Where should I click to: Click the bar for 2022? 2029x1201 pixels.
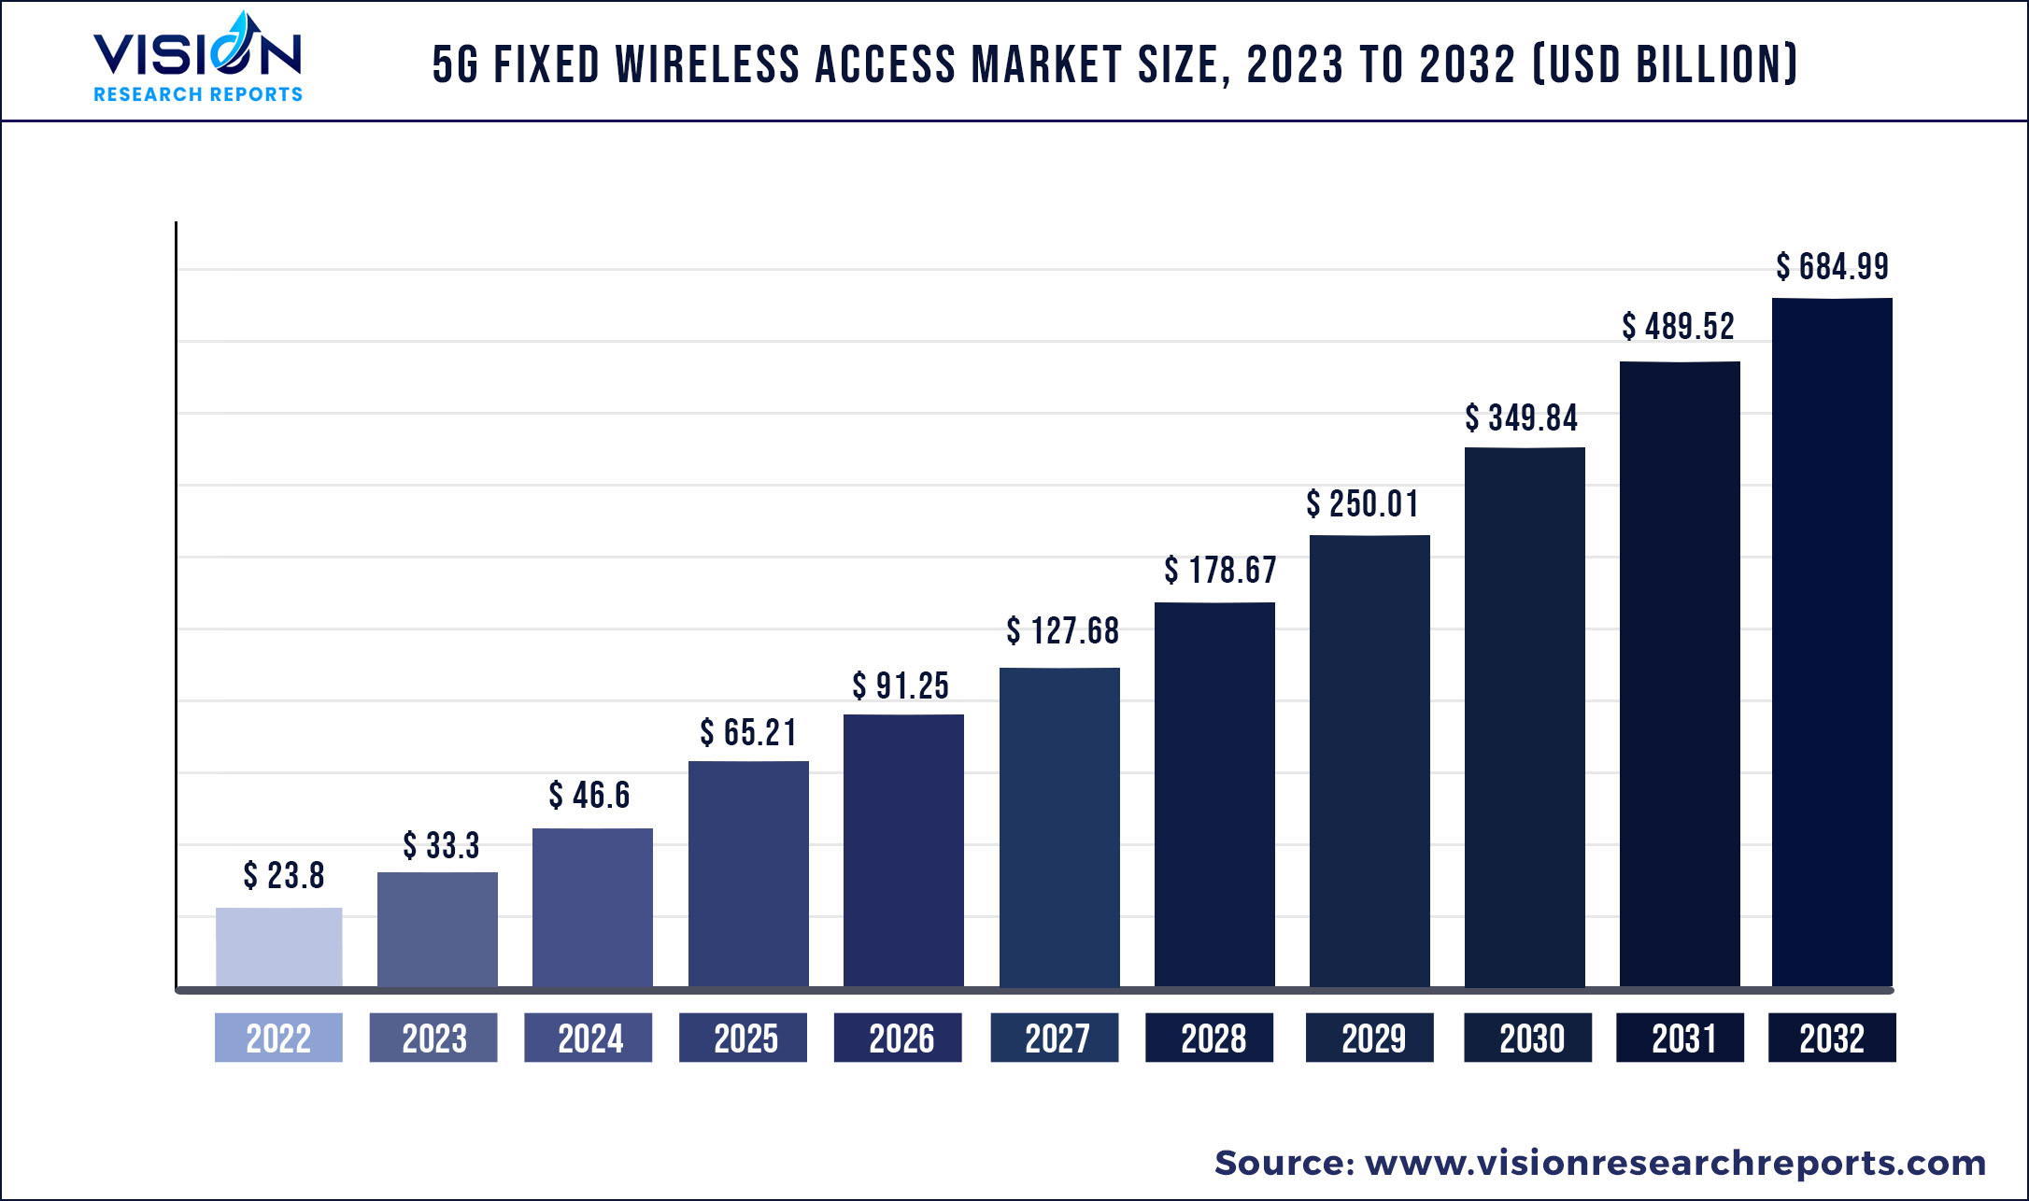(x=278, y=946)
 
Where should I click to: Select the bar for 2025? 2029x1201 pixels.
(x=748, y=873)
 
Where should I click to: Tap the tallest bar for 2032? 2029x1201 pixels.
(x=1832, y=643)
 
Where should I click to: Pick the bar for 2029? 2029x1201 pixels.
(x=1369, y=760)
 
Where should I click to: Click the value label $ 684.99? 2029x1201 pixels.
(x=1832, y=267)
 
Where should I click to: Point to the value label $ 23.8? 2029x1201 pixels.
(x=284, y=876)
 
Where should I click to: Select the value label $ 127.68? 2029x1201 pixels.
(x=1062, y=631)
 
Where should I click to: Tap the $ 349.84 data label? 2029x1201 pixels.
(x=1521, y=418)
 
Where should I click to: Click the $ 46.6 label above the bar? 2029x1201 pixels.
(x=589, y=796)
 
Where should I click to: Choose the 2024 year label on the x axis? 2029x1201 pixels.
(x=589, y=1038)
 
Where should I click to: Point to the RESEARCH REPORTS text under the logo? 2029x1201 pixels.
(x=198, y=94)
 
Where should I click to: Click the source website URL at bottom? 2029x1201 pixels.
(x=1675, y=1163)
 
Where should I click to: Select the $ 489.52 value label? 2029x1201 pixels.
(x=1678, y=327)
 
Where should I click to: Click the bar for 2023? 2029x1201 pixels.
(x=437, y=929)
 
